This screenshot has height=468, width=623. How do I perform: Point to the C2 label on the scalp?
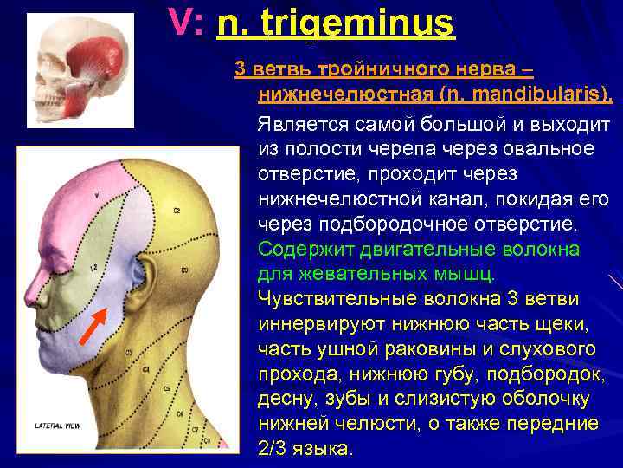pos(176,211)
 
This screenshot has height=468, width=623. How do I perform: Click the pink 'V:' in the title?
pos(186,23)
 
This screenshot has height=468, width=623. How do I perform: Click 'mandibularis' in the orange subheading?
pos(537,94)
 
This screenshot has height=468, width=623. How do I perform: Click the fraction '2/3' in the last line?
pos(276,448)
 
